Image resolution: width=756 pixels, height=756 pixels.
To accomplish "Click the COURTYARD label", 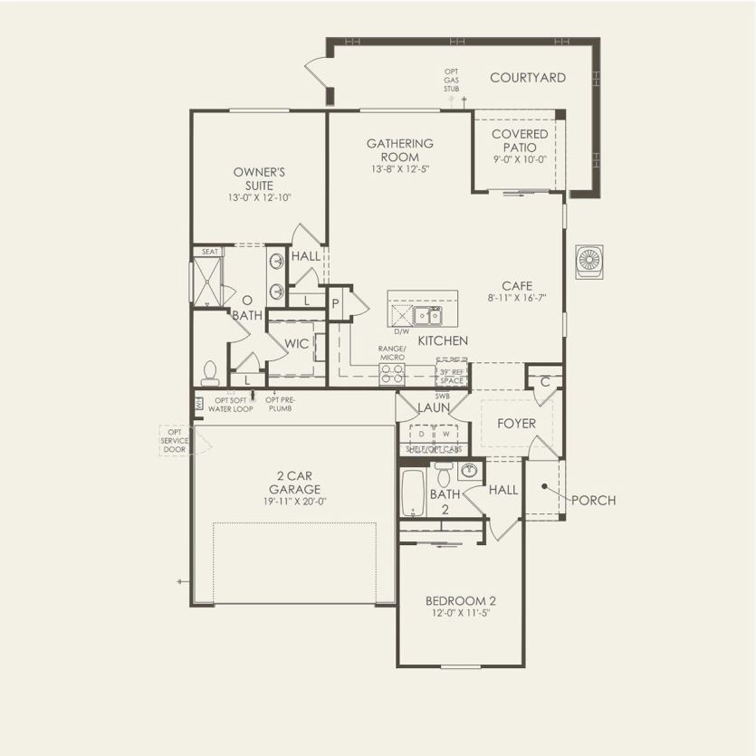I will coord(528,78).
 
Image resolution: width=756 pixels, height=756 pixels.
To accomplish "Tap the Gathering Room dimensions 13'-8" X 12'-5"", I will coord(399,169).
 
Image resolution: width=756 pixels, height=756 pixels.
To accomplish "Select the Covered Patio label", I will coord(520,140).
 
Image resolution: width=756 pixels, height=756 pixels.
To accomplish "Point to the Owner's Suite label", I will coord(260,177).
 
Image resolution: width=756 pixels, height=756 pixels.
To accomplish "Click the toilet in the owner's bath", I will coord(211,372).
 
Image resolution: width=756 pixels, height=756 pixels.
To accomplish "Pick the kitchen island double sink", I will coord(427,315).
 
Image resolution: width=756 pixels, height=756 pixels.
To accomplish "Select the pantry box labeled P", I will coord(335,303).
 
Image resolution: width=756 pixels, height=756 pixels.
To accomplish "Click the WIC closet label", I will coord(297,343).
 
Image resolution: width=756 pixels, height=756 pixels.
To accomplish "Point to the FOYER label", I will coord(517,423).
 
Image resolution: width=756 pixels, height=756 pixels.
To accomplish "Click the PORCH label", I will coord(594,500).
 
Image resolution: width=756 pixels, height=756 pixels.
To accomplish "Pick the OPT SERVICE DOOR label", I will coord(175,440).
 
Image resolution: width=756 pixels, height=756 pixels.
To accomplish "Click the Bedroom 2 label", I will coord(460,601).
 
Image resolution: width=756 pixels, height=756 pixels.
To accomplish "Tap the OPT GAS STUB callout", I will coord(452,81).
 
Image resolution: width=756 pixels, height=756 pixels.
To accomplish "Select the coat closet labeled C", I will coord(545,381).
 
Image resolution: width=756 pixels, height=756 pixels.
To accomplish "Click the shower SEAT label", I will coord(210,252).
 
